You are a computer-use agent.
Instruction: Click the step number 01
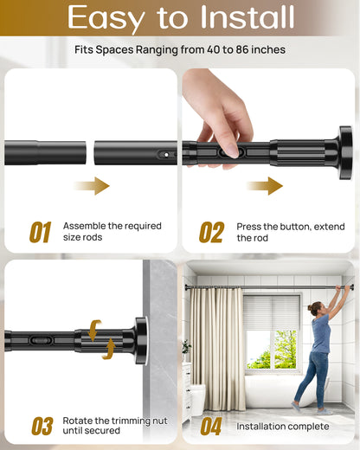click(40, 232)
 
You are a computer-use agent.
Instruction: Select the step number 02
click(211, 232)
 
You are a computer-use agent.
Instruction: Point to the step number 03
click(42, 426)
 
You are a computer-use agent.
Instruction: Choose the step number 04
click(211, 426)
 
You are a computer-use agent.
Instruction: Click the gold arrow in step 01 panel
click(92, 185)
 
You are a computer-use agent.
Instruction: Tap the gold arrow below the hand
click(264, 185)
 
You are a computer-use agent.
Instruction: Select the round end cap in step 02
click(344, 152)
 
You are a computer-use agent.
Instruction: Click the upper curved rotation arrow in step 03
click(95, 328)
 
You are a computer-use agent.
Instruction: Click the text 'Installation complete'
click(283, 427)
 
